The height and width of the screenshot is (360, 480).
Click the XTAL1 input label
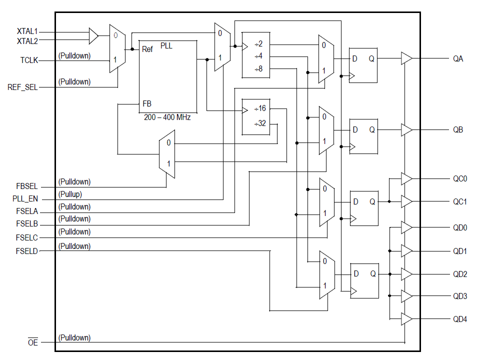pos(27,31)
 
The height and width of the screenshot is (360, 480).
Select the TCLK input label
pos(29,60)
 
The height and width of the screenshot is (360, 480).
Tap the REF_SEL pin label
pos(23,87)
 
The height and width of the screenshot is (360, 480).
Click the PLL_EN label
pos(25,199)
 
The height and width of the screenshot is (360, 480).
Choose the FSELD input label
pos(26,250)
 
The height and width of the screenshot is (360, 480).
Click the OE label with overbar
pos(32,343)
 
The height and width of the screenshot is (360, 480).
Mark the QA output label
pos(458,58)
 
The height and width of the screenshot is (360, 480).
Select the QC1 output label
pos(459,201)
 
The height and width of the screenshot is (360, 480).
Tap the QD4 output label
pos(459,319)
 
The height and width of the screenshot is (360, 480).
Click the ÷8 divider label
pos(258,68)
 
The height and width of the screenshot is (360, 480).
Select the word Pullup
pos(70,194)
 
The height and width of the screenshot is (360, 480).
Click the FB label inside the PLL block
pos(147,104)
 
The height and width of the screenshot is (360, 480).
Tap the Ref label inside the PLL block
pos(147,49)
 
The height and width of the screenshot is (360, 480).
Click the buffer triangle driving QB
pos(406,130)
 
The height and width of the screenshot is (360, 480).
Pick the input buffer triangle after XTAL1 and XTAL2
pos(93,35)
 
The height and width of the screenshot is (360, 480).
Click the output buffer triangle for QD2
pos(406,274)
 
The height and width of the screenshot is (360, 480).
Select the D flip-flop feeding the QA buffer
pos(363,65)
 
